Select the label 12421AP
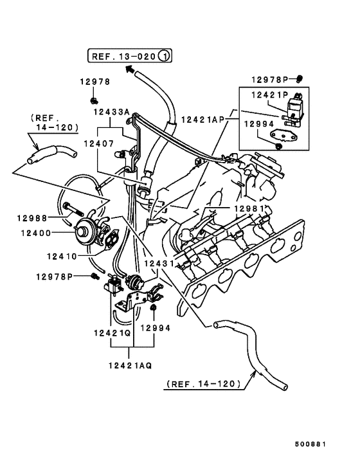point(203,120)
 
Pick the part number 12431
point(158,264)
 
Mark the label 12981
point(248,209)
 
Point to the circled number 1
point(165,56)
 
